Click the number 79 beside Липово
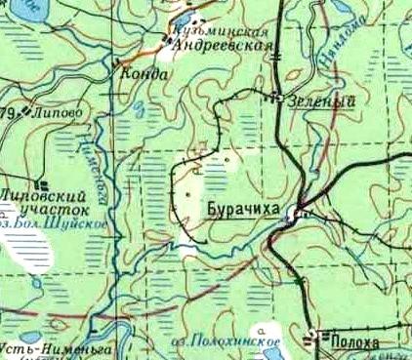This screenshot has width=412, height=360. click(8, 114)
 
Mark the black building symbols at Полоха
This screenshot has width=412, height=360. click(315, 339)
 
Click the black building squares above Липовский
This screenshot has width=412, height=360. click(41, 181)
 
